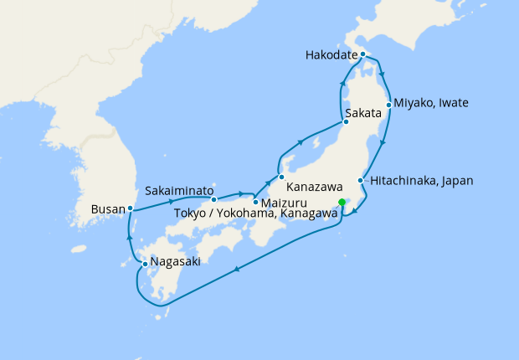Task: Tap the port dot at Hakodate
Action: click(x=362, y=54)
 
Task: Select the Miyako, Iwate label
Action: click(x=432, y=103)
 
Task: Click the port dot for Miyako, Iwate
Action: click(x=389, y=105)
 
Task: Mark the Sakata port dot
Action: click(x=346, y=122)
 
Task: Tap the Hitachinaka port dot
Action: click(x=361, y=181)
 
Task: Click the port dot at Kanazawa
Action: click(x=281, y=177)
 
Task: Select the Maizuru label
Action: click(x=284, y=203)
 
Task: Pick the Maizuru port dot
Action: click(x=255, y=202)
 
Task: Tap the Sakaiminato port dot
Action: click(x=214, y=199)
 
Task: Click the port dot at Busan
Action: click(x=130, y=208)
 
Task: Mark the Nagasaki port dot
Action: click(x=145, y=265)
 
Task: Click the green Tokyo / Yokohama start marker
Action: click(x=342, y=202)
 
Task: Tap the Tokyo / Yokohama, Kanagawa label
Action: click(x=256, y=213)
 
